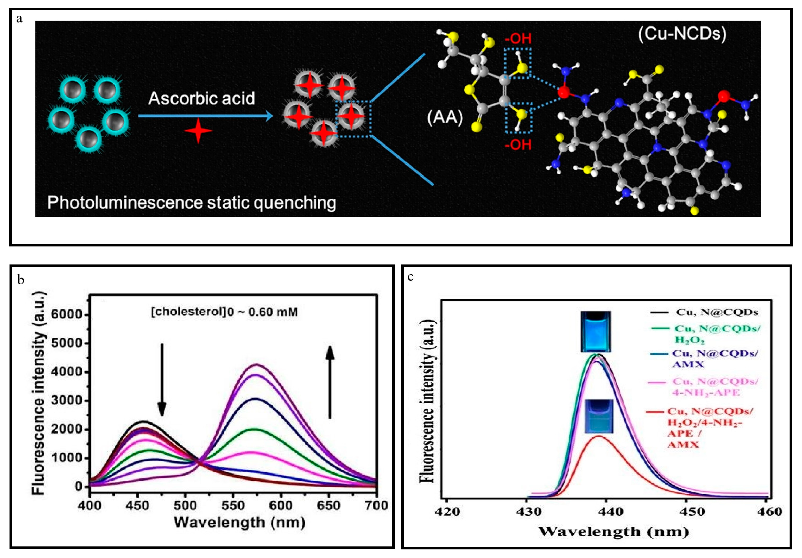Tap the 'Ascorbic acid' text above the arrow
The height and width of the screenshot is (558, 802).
(202, 99)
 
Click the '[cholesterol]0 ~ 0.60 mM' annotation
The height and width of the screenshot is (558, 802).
(224, 312)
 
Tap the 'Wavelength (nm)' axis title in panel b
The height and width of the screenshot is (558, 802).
(240, 522)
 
